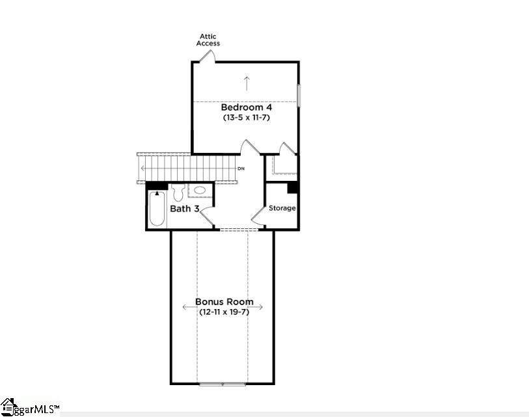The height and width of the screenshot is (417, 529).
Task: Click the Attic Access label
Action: click(x=208, y=40)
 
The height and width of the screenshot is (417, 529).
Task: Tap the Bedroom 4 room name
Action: click(x=247, y=107)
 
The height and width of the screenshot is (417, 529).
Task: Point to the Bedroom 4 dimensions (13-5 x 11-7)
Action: click(x=247, y=117)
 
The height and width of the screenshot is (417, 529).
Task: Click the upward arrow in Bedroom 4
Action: click(x=247, y=84)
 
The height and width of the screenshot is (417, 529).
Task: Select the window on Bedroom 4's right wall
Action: click(x=299, y=96)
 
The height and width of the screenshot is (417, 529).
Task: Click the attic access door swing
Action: click(x=207, y=56)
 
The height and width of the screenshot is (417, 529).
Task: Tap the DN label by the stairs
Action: click(x=241, y=168)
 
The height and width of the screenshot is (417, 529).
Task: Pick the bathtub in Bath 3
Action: click(x=157, y=208)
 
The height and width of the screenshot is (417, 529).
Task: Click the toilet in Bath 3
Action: click(x=178, y=193)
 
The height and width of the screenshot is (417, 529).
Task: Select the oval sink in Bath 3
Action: click(x=200, y=190)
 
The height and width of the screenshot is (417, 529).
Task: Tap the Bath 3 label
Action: click(x=185, y=208)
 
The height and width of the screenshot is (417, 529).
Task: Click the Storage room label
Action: click(x=282, y=208)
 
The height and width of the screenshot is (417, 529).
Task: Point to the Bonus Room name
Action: click(x=224, y=301)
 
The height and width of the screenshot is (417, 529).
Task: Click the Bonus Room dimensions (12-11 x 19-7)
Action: click(x=224, y=312)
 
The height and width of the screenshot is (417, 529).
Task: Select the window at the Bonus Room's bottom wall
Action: click(x=223, y=384)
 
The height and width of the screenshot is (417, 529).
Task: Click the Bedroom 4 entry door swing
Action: click(x=250, y=147)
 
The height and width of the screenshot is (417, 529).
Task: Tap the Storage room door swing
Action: click(x=258, y=216)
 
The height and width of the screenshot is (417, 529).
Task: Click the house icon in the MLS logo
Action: click(x=8, y=407)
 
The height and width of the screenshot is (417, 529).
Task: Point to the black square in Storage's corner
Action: click(x=293, y=187)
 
